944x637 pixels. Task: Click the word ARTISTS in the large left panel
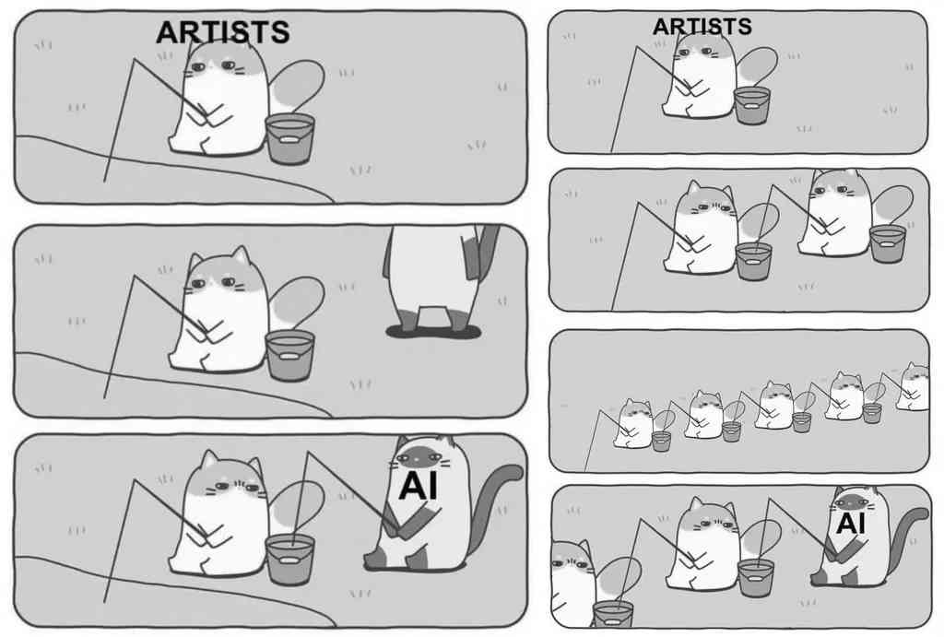(223, 32)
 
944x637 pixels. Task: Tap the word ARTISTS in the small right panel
(702, 27)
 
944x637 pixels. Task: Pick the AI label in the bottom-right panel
(851, 524)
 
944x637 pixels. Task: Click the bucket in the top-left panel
(289, 139)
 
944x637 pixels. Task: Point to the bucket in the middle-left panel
(289, 356)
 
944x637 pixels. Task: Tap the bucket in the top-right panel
(752, 106)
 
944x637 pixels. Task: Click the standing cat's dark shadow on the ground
(433, 331)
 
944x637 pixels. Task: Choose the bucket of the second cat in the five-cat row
(731, 431)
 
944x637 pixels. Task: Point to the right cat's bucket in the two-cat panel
(888, 243)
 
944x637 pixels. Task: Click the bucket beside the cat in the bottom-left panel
(289, 560)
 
